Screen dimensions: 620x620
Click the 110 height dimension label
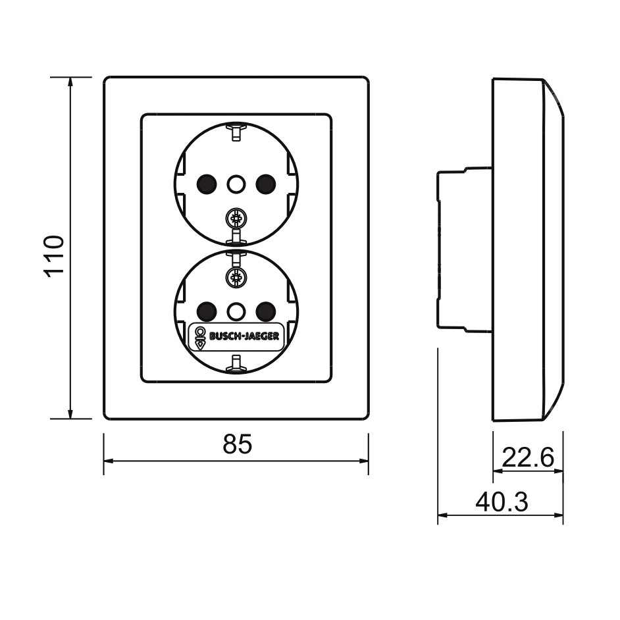(x=54, y=256)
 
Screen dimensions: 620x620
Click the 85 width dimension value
(x=237, y=444)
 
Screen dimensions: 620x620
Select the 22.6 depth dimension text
(x=528, y=457)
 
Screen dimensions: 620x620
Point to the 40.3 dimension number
(x=502, y=502)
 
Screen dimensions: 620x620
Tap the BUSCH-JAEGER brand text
(x=244, y=336)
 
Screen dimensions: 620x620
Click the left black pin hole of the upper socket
(x=207, y=184)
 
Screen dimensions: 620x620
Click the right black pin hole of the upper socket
(x=266, y=184)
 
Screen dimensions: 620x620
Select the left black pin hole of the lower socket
(x=207, y=311)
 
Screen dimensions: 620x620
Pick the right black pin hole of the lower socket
(x=266, y=311)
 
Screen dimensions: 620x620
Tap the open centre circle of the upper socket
(x=236, y=184)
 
